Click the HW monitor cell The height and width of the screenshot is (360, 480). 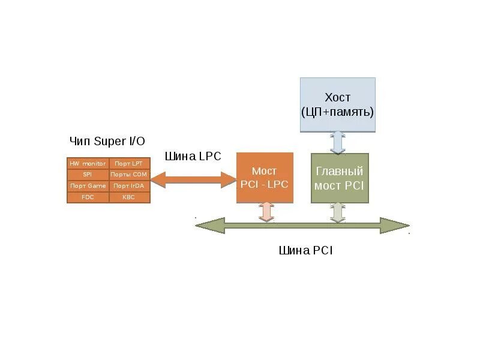(x=88, y=163)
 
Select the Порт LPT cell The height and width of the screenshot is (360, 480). (x=128, y=163)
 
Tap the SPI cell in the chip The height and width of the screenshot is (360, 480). (x=88, y=175)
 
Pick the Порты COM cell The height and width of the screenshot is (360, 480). (x=128, y=175)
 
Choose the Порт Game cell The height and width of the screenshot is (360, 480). (x=88, y=186)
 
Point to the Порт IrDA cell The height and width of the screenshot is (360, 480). (x=128, y=186)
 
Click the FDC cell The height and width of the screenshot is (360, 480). (x=88, y=197)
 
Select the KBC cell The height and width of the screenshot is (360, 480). (x=128, y=197)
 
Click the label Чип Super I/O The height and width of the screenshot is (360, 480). (x=107, y=142)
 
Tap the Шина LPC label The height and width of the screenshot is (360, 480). (x=193, y=157)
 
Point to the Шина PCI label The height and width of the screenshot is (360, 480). (x=305, y=251)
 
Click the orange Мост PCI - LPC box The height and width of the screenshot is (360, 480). (x=265, y=178)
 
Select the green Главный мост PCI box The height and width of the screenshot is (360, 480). (x=339, y=178)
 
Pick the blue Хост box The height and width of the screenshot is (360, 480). (x=337, y=104)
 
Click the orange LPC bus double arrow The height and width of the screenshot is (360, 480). (x=193, y=179)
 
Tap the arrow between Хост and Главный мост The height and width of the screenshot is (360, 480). (x=338, y=143)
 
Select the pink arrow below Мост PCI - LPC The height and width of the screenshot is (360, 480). (x=266, y=212)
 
